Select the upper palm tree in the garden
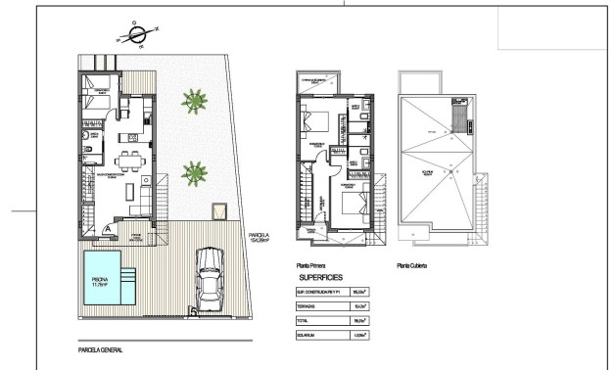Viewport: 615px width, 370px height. click(194, 100)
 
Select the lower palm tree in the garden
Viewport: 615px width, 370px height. click(195, 174)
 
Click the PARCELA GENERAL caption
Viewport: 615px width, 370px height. click(100, 347)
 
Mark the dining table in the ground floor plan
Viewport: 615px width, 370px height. click(127, 159)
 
